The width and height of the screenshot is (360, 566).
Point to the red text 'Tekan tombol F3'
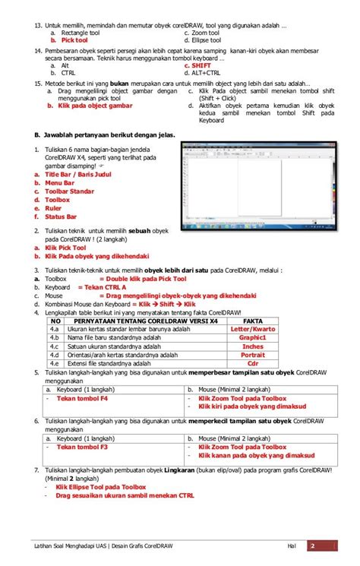pyautogui.click(x=82, y=447)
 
